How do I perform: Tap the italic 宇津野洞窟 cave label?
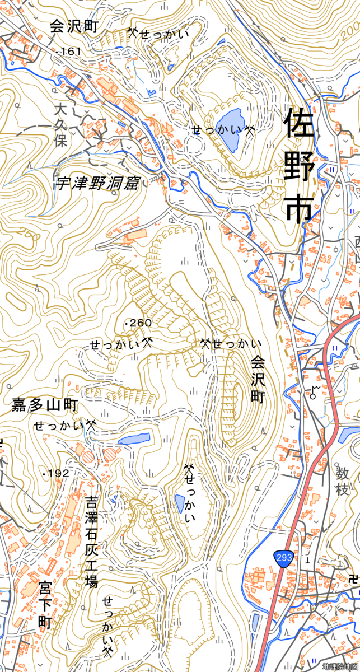(x=96, y=183)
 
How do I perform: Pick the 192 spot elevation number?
(x=58, y=474)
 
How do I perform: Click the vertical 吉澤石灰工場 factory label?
(x=91, y=541)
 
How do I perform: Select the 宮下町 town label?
(x=45, y=605)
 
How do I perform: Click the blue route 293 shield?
(x=283, y=557)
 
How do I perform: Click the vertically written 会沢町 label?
(x=257, y=379)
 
